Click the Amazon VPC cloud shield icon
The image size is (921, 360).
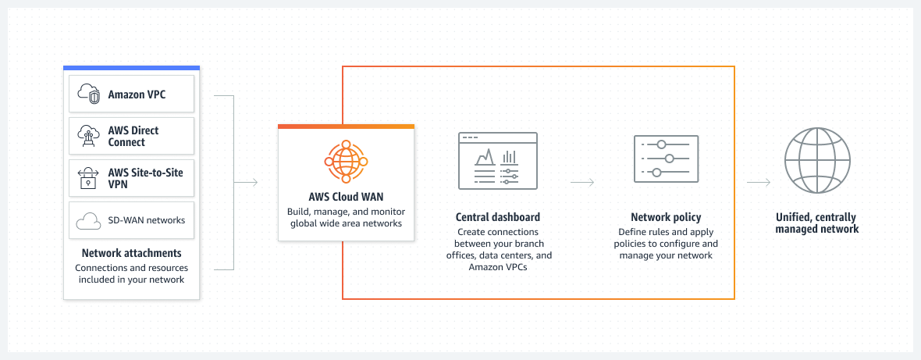pos(88,94)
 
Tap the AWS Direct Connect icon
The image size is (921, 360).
pos(88,136)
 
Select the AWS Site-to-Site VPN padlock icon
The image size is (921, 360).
pos(88,179)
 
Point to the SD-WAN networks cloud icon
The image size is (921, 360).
pos(88,221)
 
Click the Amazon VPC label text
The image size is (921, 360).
pos(137,94)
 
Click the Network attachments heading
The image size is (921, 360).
pos(131,253)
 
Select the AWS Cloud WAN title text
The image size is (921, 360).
pos(346,197)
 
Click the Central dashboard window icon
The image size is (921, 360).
pos(497,160)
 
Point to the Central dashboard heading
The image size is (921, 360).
pos(497,217)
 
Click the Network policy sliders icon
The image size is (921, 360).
pos(665,159)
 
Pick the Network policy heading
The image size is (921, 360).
pos(665,217)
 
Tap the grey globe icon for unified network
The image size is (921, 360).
pos(816,160)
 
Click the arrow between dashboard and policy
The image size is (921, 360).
pos(582,183)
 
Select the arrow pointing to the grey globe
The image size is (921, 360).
pos(759,183)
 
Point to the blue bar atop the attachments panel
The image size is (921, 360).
pos(131,68)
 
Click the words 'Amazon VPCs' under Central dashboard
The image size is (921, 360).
pos(497,267)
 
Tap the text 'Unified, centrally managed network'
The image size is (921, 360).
pos(816,223)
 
